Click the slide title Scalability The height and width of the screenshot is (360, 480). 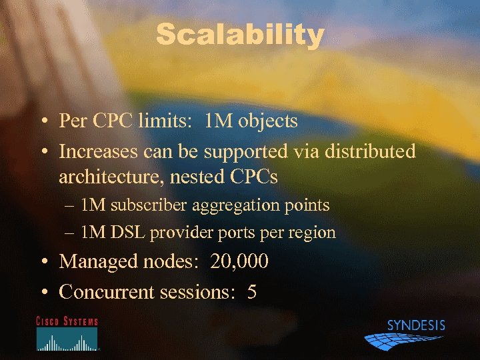[239, 35]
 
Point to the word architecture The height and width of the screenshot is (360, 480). [110, 177]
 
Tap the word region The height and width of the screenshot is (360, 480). [314, 233]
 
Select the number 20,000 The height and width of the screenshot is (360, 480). [239, 261]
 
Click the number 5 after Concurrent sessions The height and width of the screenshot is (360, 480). [252, 291]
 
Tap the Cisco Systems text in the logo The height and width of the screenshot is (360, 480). [67, 321]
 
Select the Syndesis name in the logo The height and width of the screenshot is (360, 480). [416, 326]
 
